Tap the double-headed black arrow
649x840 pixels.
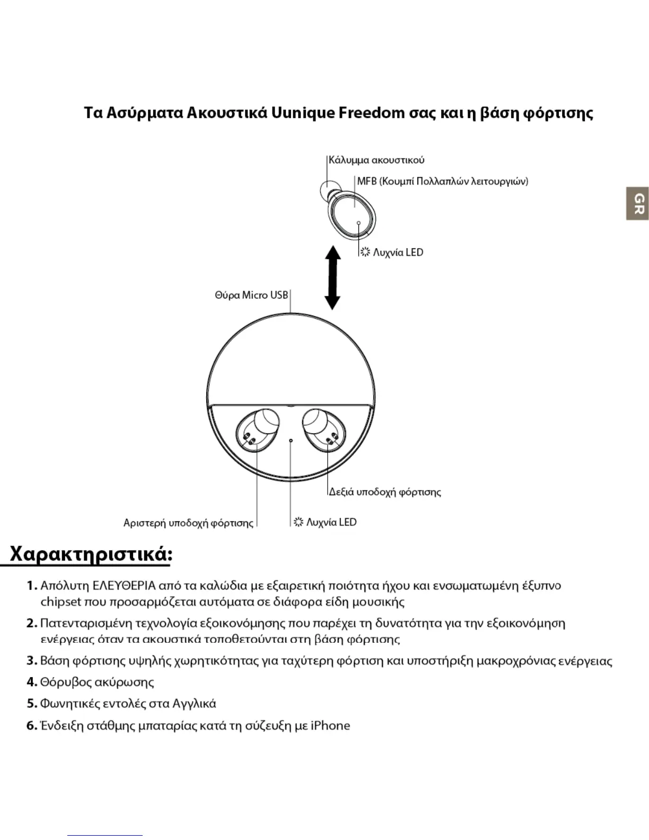[x=332, y=277]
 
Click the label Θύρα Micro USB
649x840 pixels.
[x=251, y=295]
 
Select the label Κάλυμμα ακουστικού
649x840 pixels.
[x=376, y=160]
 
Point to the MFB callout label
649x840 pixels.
[x=442, y=181]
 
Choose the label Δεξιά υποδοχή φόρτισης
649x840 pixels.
[x=385, y=492]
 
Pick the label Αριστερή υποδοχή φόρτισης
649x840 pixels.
[x=188, y=523]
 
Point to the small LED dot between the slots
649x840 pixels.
[x=291, y=440]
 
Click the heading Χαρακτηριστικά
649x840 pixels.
[x=91, y=555]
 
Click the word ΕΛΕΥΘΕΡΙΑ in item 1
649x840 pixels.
[x=124, y=586]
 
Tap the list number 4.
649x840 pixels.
[x=31, y=682]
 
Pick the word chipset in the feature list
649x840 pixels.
[x=61, y=602]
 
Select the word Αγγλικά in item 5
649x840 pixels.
[x=194, y=704]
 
